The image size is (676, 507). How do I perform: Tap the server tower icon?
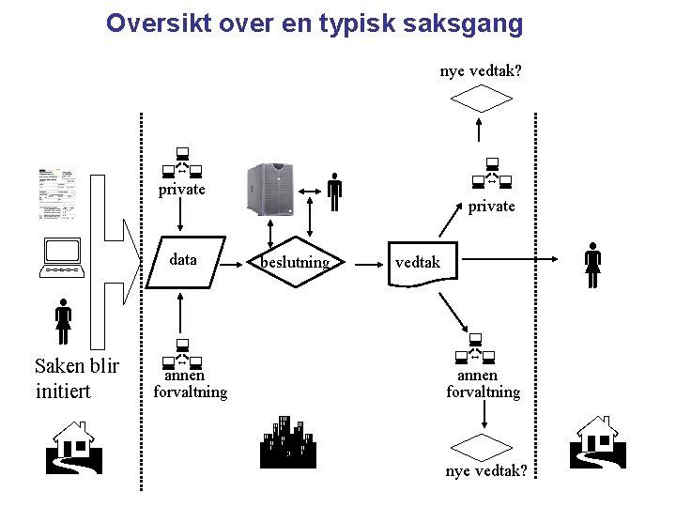tap(269, 189)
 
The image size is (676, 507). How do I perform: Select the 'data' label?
tap(183, 260)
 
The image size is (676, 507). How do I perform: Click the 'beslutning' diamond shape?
tap(296, 261)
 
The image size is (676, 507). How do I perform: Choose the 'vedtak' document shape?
tap(417, 263)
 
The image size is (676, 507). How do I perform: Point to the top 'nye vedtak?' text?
tap(481, 71)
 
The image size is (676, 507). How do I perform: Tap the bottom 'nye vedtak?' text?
tap(485, 470)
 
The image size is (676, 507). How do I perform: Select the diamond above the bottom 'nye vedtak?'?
tap(483, 446)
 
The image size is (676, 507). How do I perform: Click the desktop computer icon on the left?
tap(63, 258)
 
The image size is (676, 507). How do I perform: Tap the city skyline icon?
tap(286, 441)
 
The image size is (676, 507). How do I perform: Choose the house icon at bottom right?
tap(597, 441)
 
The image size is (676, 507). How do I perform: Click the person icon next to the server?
tap(334, 192)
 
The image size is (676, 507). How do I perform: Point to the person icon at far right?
tap(592, 267)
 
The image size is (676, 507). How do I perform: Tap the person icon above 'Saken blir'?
tap(63, 322)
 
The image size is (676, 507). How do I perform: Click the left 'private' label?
tap(181, 190)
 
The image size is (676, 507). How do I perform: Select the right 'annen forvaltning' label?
tap(483, 384)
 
